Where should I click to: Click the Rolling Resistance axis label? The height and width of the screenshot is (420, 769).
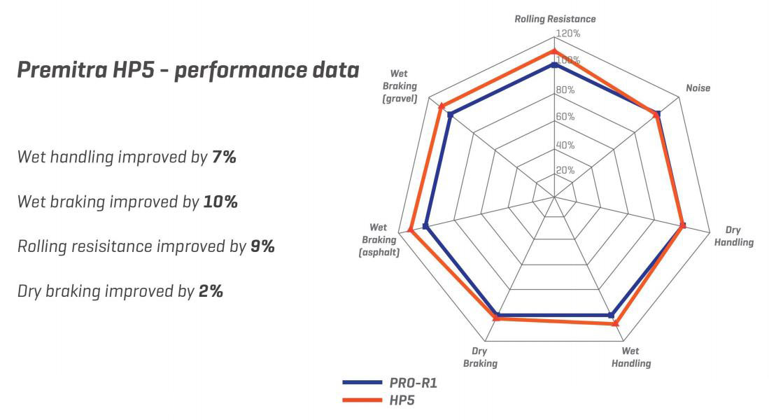(555, 20)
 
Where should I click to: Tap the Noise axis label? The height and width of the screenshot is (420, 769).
(698, 88)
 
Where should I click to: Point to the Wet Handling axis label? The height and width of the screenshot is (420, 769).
(630, 357)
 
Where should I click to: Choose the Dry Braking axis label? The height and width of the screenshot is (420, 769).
(479, 357)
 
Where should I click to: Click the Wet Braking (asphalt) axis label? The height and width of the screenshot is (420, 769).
(379, 239)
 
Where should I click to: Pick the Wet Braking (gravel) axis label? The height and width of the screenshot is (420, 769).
(400, 86)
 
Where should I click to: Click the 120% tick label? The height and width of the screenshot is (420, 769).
(568, 34)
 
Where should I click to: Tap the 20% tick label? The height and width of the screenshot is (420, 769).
(565, 170)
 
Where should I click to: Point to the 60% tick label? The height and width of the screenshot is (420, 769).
(565, 117)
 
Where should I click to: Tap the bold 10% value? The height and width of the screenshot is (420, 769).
(220, 202)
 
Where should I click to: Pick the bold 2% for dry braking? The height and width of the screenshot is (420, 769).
(211, 291)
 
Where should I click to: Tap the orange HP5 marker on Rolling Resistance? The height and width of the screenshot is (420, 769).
(554, 51)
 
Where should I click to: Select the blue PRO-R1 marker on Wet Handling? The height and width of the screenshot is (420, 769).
(611, 315)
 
